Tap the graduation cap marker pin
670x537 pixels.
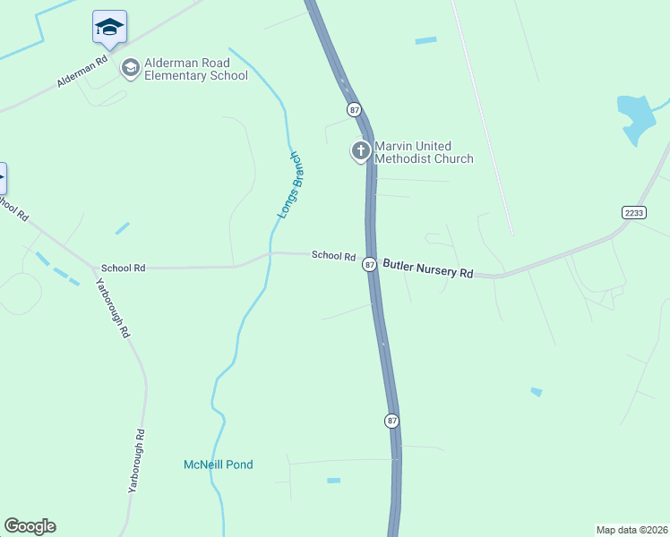[109, 27]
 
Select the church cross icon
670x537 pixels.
[360, 151]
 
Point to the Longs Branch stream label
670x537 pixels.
[288, 185]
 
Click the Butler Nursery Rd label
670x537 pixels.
[427, 268]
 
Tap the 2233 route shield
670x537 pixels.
[633, 211]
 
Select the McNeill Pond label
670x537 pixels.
[219, 465]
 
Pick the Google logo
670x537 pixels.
[30, 526]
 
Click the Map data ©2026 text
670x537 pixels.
[631, 530]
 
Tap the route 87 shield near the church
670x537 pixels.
[355, 109]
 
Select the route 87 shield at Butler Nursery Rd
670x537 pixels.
[369, 264]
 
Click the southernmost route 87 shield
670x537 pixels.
[391, 420]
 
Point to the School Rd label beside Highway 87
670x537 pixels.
[333, 256]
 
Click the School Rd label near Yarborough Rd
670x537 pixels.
[123, 268]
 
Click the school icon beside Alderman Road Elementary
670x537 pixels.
[131, 68]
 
